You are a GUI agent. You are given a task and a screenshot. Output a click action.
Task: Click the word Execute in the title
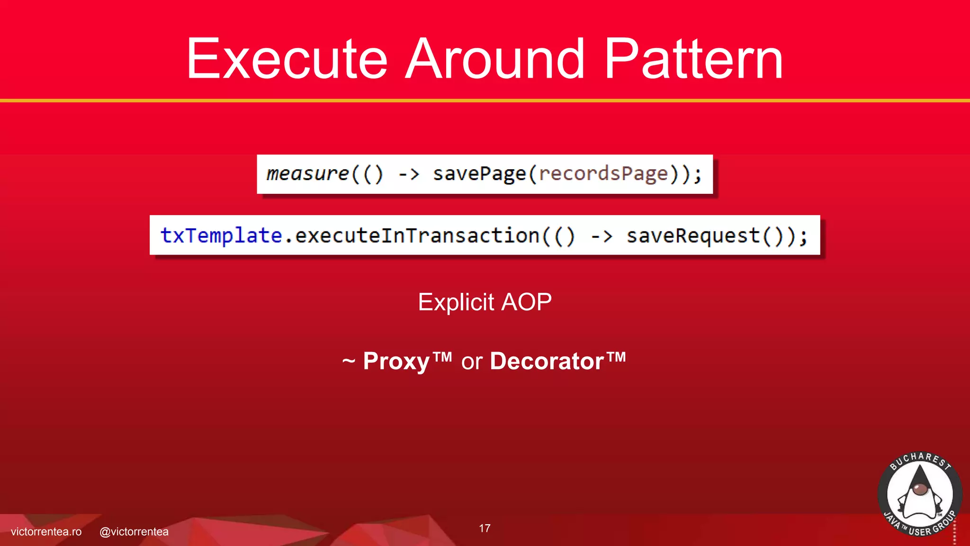pos(287,59)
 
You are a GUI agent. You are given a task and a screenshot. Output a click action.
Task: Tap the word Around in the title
pos(495,59)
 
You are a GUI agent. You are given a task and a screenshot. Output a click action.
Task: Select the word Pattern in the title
pos(693,59)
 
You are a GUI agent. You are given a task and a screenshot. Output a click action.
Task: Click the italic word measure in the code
pos(308,174)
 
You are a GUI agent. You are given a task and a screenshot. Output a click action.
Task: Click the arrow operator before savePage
pos(409,174)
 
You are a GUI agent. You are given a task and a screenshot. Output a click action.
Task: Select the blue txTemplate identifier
pos(221,236)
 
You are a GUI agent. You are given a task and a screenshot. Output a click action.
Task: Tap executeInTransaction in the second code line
pos(417,236)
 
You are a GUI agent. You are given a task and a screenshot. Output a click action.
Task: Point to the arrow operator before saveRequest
pos(602,236)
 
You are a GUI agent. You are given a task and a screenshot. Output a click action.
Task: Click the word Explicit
pos(456,302)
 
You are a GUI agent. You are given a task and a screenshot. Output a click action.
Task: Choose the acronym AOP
pos(526,302)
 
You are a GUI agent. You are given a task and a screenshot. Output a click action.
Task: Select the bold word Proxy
pos(396,361)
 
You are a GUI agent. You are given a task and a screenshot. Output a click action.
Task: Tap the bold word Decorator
pos(547,361)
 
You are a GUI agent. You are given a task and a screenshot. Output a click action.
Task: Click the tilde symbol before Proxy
pos(349,362)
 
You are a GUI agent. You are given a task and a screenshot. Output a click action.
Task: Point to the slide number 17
pos(485,528)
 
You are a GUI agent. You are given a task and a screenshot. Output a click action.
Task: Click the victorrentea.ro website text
pos(46,532)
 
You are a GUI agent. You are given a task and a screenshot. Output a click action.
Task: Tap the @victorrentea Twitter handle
pos(134,532)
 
